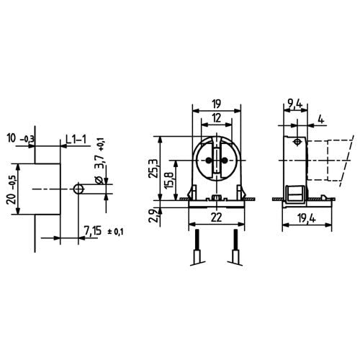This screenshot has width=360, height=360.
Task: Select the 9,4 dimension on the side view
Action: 294,103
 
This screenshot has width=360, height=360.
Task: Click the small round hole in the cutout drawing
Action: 78,189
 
